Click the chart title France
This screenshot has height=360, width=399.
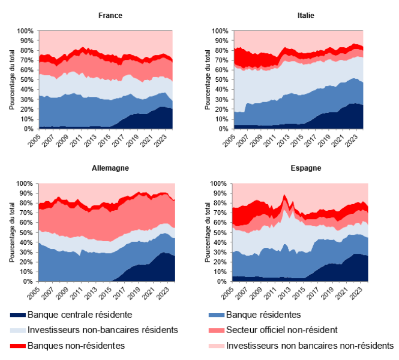[110, 15]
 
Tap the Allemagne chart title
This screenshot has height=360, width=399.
[110, 168]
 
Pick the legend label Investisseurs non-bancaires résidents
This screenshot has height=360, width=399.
[103, 330]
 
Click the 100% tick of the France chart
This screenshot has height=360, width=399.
[26, 30]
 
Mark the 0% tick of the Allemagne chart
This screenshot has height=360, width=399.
[29, 281]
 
